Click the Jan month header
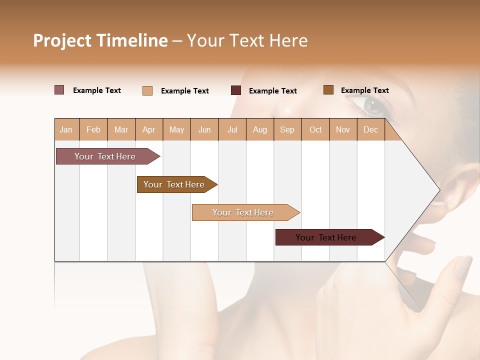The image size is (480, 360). click(x=66, y=129)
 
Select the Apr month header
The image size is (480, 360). click(x=149, y=129)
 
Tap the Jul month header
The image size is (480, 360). click(x=232, y=129)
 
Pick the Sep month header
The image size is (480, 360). click(x=287, y=129)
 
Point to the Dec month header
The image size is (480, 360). click(x=370, y=129)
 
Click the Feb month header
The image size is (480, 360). click(x=93, y=129)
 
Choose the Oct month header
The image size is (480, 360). click(x=315, y=129)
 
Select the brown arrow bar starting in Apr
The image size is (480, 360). click(x=175, y=184)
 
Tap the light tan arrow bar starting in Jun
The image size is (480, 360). click(x=244, y=212)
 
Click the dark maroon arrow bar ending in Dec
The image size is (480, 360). click(x=327, y=237)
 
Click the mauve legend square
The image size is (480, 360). click(x=59, y=90)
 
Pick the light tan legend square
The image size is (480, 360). click(x=147, y=90)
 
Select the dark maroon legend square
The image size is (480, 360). click(x=236, y=90)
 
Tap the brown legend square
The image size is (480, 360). click(x=328, y=90)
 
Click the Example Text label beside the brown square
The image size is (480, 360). click(x=365, y=90)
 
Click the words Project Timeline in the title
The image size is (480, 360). click(x=100, y=40)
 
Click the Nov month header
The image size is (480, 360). click(x=343, y=129)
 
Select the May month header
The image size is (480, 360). click(x=176, y=129)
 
